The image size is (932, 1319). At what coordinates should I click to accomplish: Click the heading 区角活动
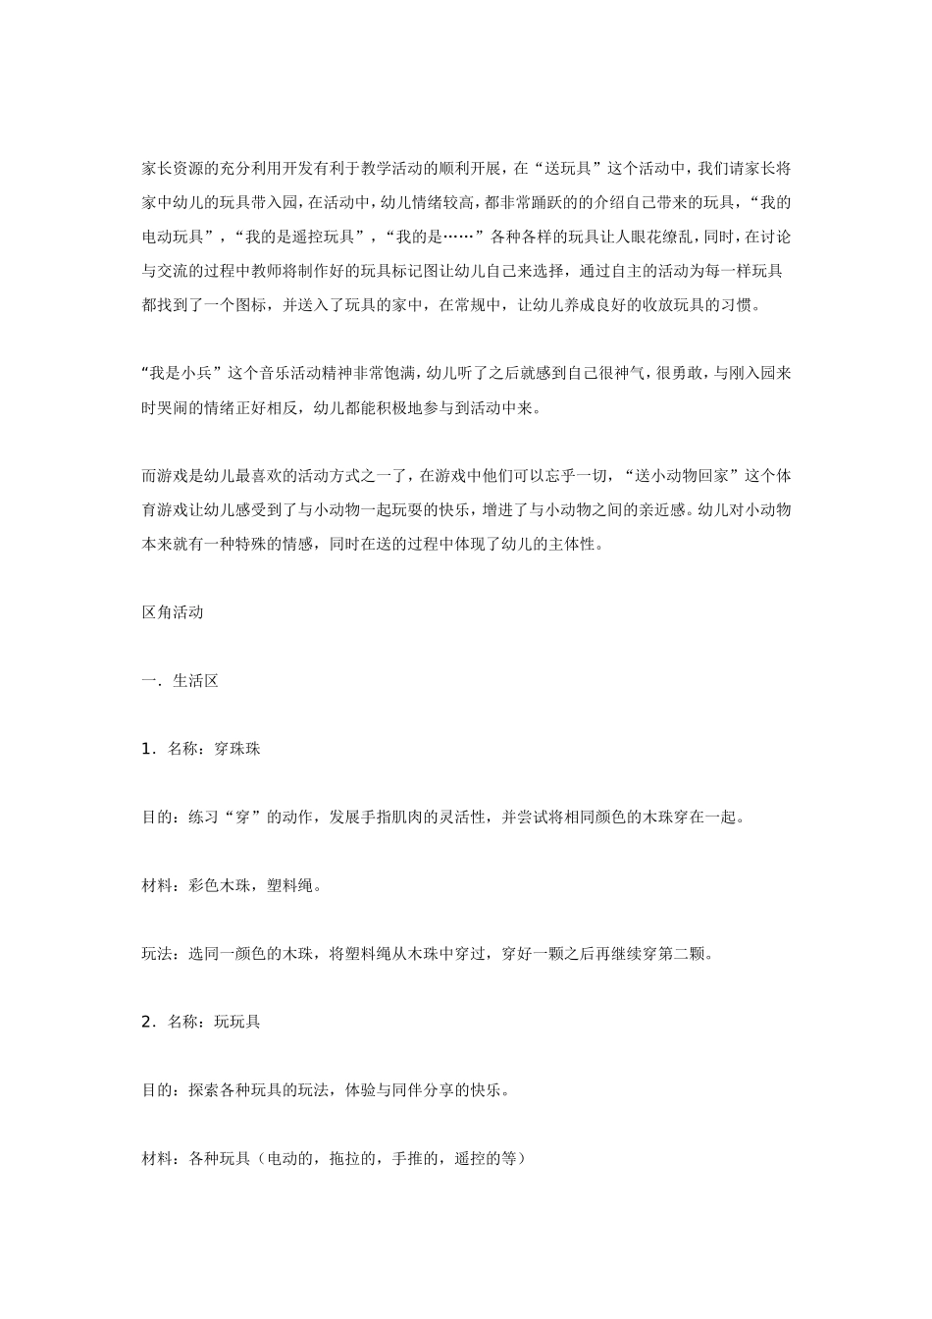click(x=173, y=612)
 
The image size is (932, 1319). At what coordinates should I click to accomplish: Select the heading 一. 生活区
click(x=181, y=680)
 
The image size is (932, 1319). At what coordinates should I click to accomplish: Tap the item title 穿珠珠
click(x=236, y=749)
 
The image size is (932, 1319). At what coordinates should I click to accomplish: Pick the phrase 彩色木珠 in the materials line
click(x=221, y=885)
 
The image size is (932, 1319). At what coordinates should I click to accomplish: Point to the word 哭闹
click(x=173, y=407)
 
